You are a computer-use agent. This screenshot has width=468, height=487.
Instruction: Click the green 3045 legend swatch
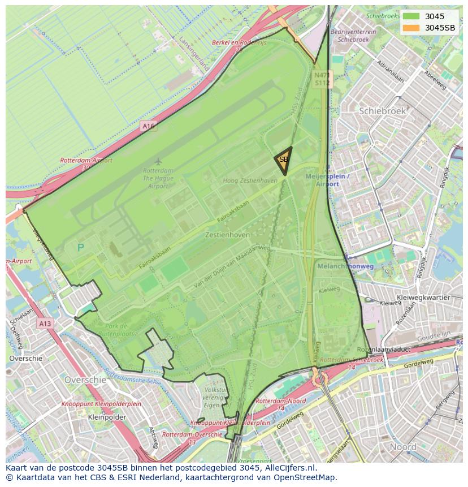click(x=411, y=16)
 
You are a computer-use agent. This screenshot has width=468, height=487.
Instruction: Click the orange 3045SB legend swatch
click(x=411, y=28)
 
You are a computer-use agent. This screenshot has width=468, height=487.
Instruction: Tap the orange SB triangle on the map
click(x=284, y=160)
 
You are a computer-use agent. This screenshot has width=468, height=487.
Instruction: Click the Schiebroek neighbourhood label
click(x=382, y=111)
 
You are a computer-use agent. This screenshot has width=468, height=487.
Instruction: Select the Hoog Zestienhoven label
click(x=250, y=180)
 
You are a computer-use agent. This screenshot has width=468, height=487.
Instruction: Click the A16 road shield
click(x=148, y=126)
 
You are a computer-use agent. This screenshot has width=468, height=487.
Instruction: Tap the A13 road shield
click(x=45, y=324)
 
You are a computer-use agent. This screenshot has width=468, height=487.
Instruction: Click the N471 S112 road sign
click(x=322, y=79)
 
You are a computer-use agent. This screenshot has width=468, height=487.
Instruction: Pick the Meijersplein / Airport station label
click(x=327, y=180)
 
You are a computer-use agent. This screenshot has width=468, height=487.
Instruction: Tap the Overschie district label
click(x=85, y=380)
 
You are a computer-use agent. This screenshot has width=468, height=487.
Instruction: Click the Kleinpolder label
click(x=107, y=417)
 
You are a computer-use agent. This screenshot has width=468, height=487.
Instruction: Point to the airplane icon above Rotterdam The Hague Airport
click(x=158, y=162)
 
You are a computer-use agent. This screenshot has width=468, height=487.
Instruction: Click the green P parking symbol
click(x=80, y=248)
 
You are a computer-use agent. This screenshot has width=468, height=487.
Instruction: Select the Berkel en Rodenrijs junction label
click(x=239, y=42)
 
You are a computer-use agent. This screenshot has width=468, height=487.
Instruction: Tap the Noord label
click(x=403, y=447)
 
